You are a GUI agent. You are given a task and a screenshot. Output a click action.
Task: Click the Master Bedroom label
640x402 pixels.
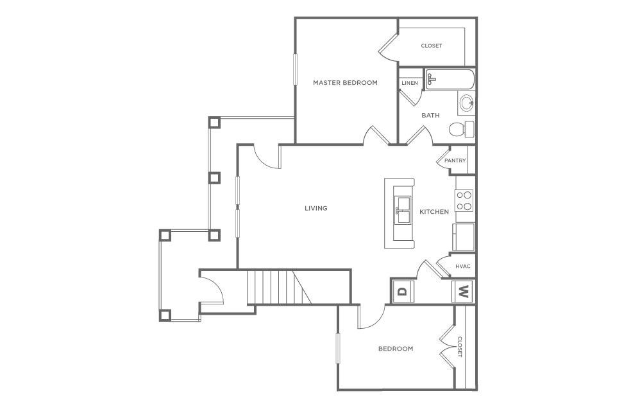click(345, 83)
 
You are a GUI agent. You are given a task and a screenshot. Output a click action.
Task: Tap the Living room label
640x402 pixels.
click(316, 208)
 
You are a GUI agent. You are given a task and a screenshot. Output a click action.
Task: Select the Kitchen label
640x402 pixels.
click(434, 212)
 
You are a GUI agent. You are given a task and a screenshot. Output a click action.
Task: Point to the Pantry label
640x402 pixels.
click(455, 161)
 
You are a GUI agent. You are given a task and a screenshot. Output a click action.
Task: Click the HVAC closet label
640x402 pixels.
click(463, 266)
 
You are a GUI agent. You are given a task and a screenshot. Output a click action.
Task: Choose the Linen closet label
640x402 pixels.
click(410, 83)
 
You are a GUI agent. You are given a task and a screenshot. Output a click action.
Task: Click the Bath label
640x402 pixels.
click(430, 116)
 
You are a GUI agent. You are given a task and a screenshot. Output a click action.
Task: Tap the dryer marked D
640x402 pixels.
click(402, 291)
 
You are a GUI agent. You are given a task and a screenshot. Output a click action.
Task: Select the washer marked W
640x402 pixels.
click(463, 292)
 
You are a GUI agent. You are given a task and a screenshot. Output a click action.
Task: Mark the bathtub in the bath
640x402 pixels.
click(450, 81)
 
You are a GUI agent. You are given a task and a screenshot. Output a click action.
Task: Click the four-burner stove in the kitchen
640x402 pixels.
click(464, 200)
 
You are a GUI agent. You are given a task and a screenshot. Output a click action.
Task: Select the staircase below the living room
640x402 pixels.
click(279, 287)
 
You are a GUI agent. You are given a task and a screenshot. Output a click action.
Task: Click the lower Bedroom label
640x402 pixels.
click(396, 349)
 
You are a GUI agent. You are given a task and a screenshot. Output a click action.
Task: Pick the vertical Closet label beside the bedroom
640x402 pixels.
click(460, 347)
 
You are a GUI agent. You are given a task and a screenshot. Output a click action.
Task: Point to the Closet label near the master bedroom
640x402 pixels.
click(431, 46)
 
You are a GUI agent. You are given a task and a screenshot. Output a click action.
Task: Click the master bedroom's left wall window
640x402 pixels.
click(296, 69)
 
